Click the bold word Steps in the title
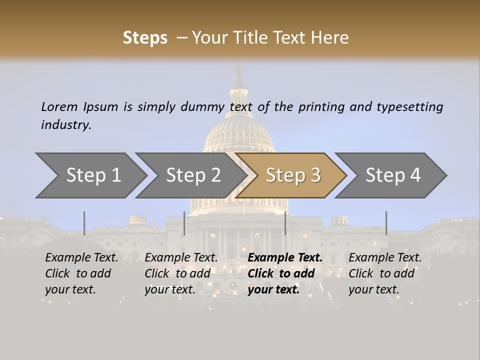(145, 38)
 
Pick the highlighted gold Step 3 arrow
(293, 175)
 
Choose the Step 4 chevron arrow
(393, 175)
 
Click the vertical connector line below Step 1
(84, 223)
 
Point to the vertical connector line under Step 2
(184, 223)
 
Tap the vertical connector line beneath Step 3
(285, 223)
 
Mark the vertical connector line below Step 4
(386, 223)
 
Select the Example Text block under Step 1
(81, 273)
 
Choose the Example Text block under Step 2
(181, 273)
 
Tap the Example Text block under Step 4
(385, 273)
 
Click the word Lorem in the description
(59, 106)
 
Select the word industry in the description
(65, 125)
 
